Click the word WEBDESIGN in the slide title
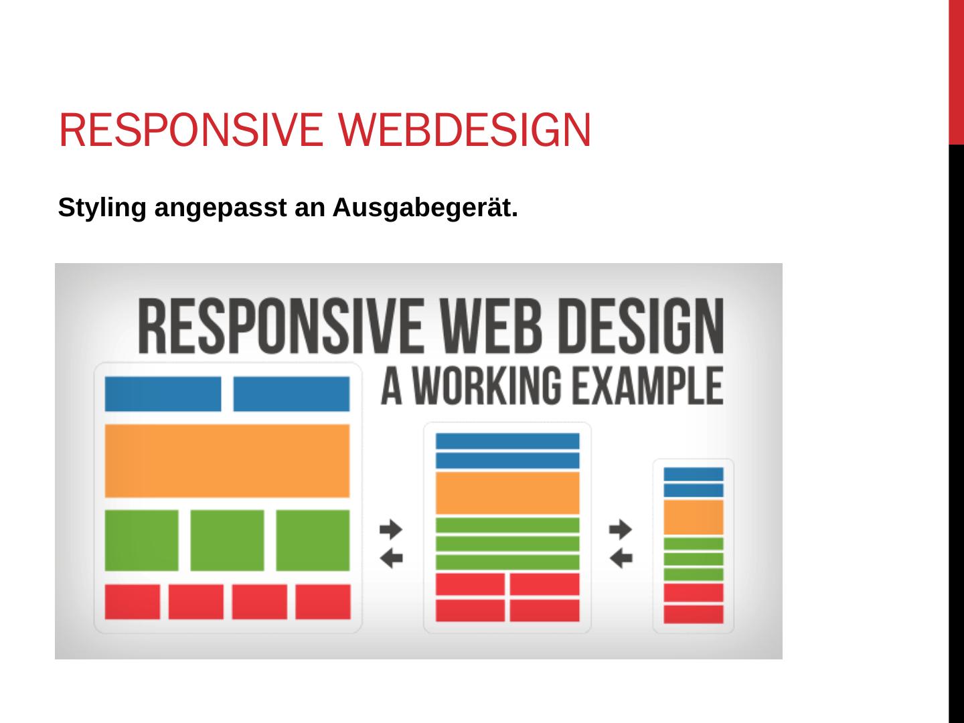click(465, 130)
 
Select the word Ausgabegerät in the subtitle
click(425, 208)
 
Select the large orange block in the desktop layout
click(227, 461)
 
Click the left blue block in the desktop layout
click(163, 394)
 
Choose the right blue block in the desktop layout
click(291, 394)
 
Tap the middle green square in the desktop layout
click(227, 540)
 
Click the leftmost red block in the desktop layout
click(133, 602)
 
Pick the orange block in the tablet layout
click(507, 493)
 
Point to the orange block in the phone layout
click(694, 517)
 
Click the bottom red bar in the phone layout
click(694, 614)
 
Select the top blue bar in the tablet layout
click(507, 441)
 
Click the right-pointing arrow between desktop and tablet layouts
click(392, 530)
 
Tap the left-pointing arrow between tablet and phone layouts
click(621, 557)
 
